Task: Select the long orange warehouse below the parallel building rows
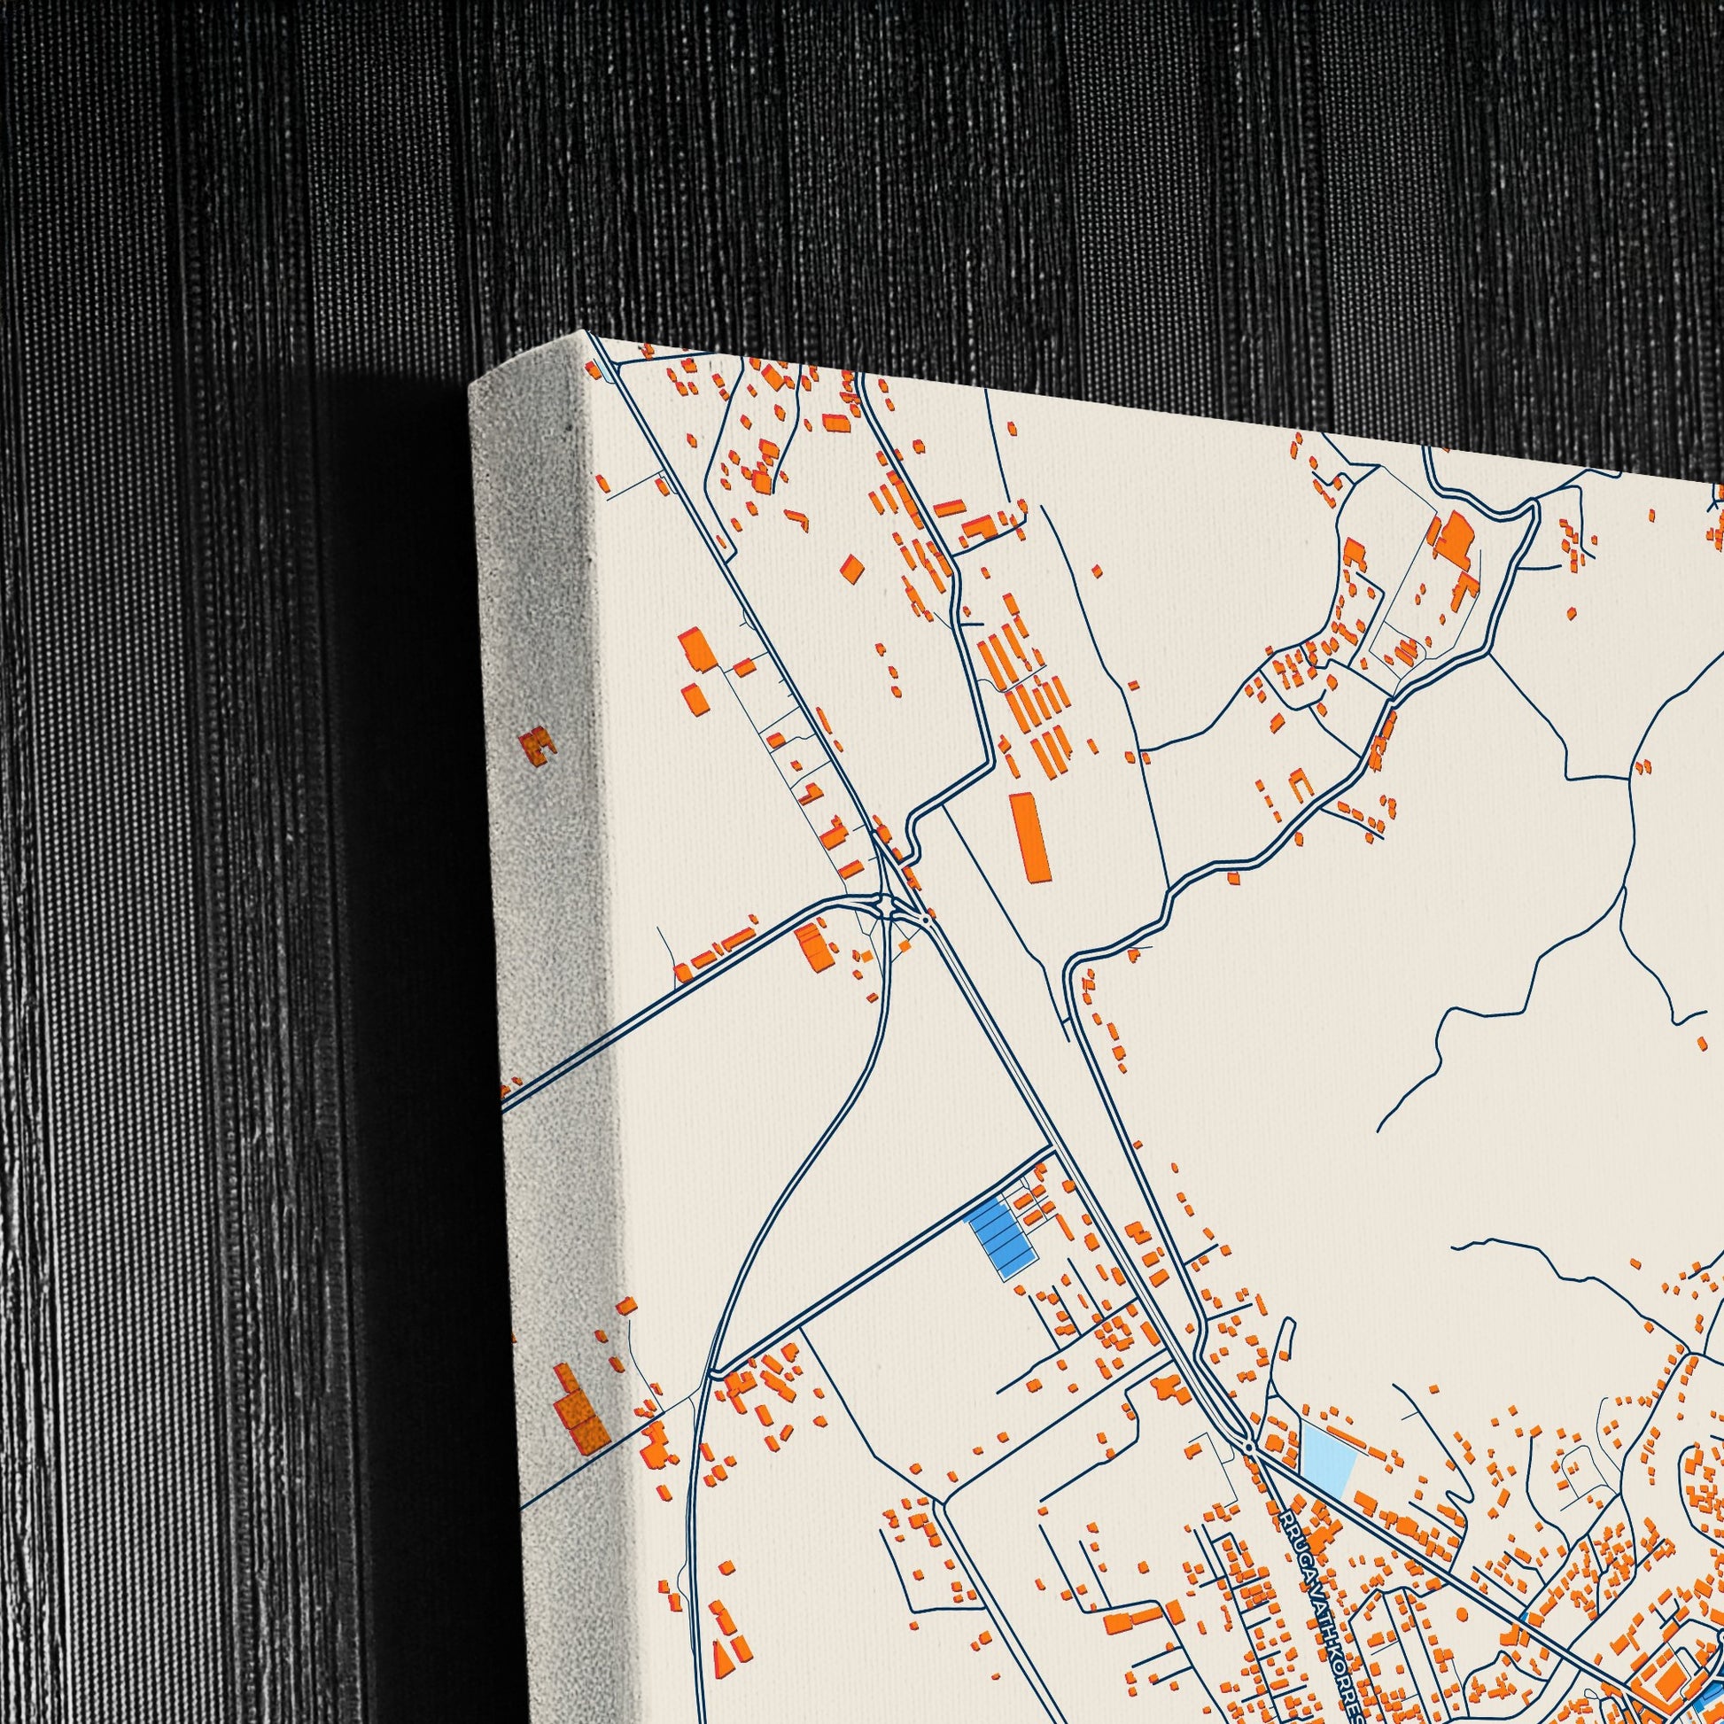(1029, 825)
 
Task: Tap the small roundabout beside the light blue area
(1249, 1446)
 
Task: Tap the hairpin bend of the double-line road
(1533, 509)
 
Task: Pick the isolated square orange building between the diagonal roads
(853, 568)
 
